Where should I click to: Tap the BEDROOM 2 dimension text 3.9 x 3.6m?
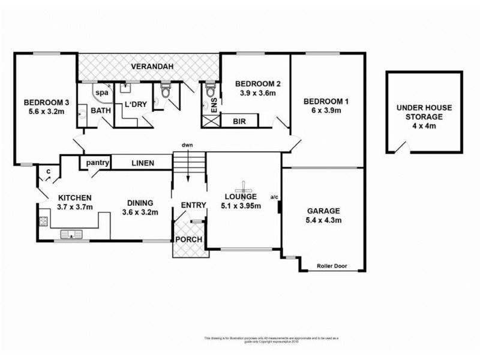(x=254, y=94)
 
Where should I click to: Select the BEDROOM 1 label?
(x=325, y=101)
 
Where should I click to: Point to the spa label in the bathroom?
(x=103, y=94)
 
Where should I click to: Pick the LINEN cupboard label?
(x=143, y=163)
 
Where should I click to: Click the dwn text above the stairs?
(x=188, y=146)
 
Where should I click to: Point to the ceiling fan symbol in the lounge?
(x=245, y=185)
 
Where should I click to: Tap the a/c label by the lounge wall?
(x=275, y=196)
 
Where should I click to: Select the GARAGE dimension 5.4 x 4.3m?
(x=323, y=221)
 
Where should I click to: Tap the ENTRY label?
(x=193, y=206)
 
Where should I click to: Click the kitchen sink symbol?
(x=71, y=233)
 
